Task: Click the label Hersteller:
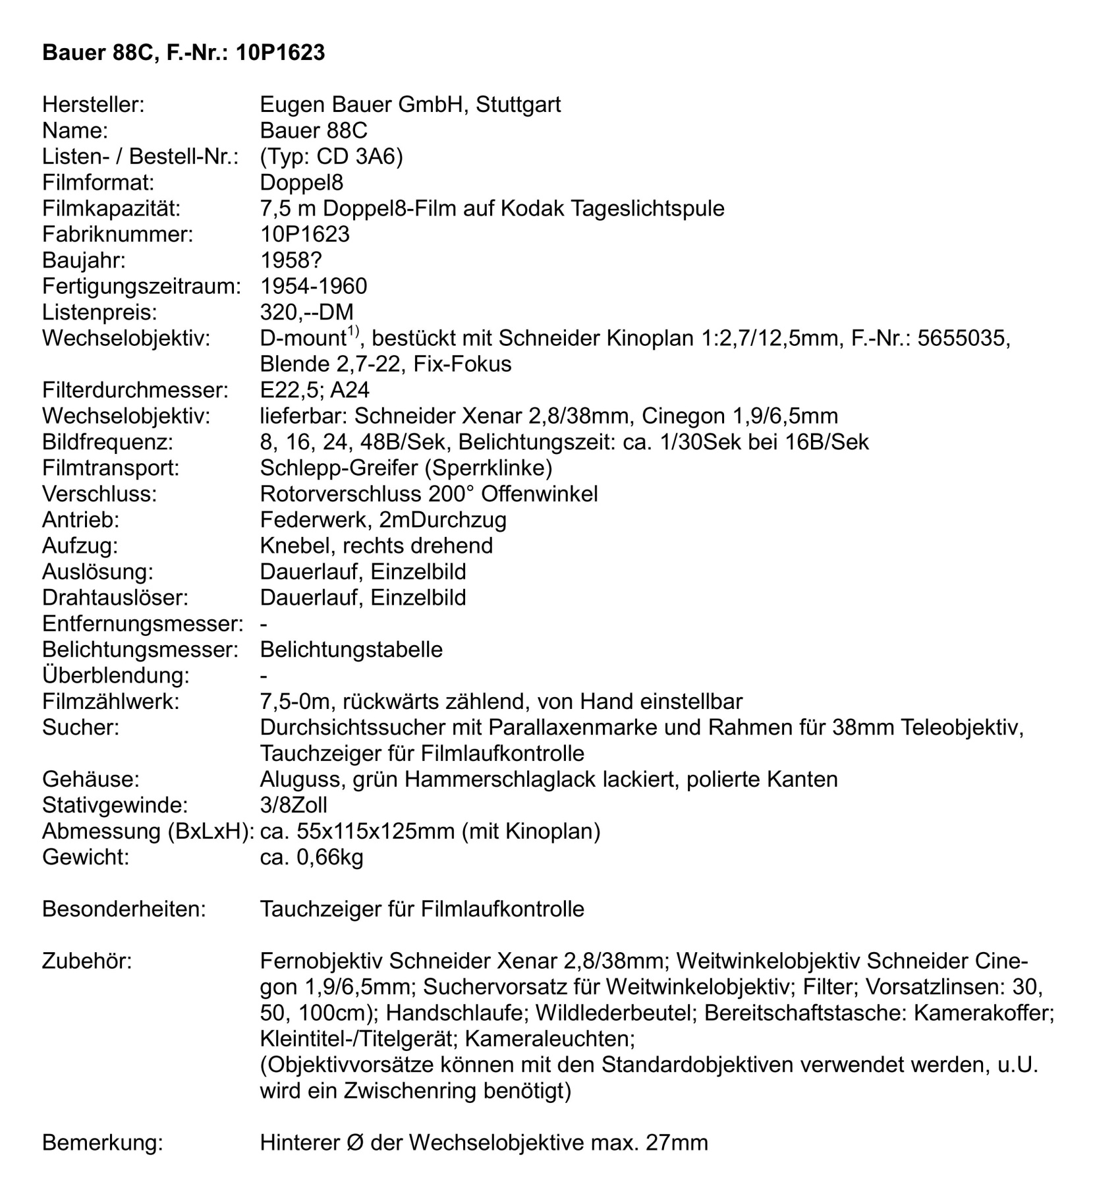click(x=93, y=104)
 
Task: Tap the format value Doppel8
click(x=301, y=182)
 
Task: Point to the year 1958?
click(x=291, y=260)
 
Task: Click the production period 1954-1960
click(x=314, y=286)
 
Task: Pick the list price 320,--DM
click(x=306, y=312)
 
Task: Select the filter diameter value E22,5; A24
click(x=314, y=390)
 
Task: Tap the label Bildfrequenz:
click(x=107, y=441)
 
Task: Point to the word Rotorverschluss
click(x=342, y=494)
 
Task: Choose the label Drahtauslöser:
click(x=115, y=598)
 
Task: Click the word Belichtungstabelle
click(x=351, y=650)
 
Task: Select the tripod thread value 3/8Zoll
click(x=293, y=805)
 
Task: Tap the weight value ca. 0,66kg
click(x=312, y=857)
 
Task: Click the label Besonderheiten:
click(x=124, y=909)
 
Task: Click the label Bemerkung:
click(x=102, y=1143)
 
